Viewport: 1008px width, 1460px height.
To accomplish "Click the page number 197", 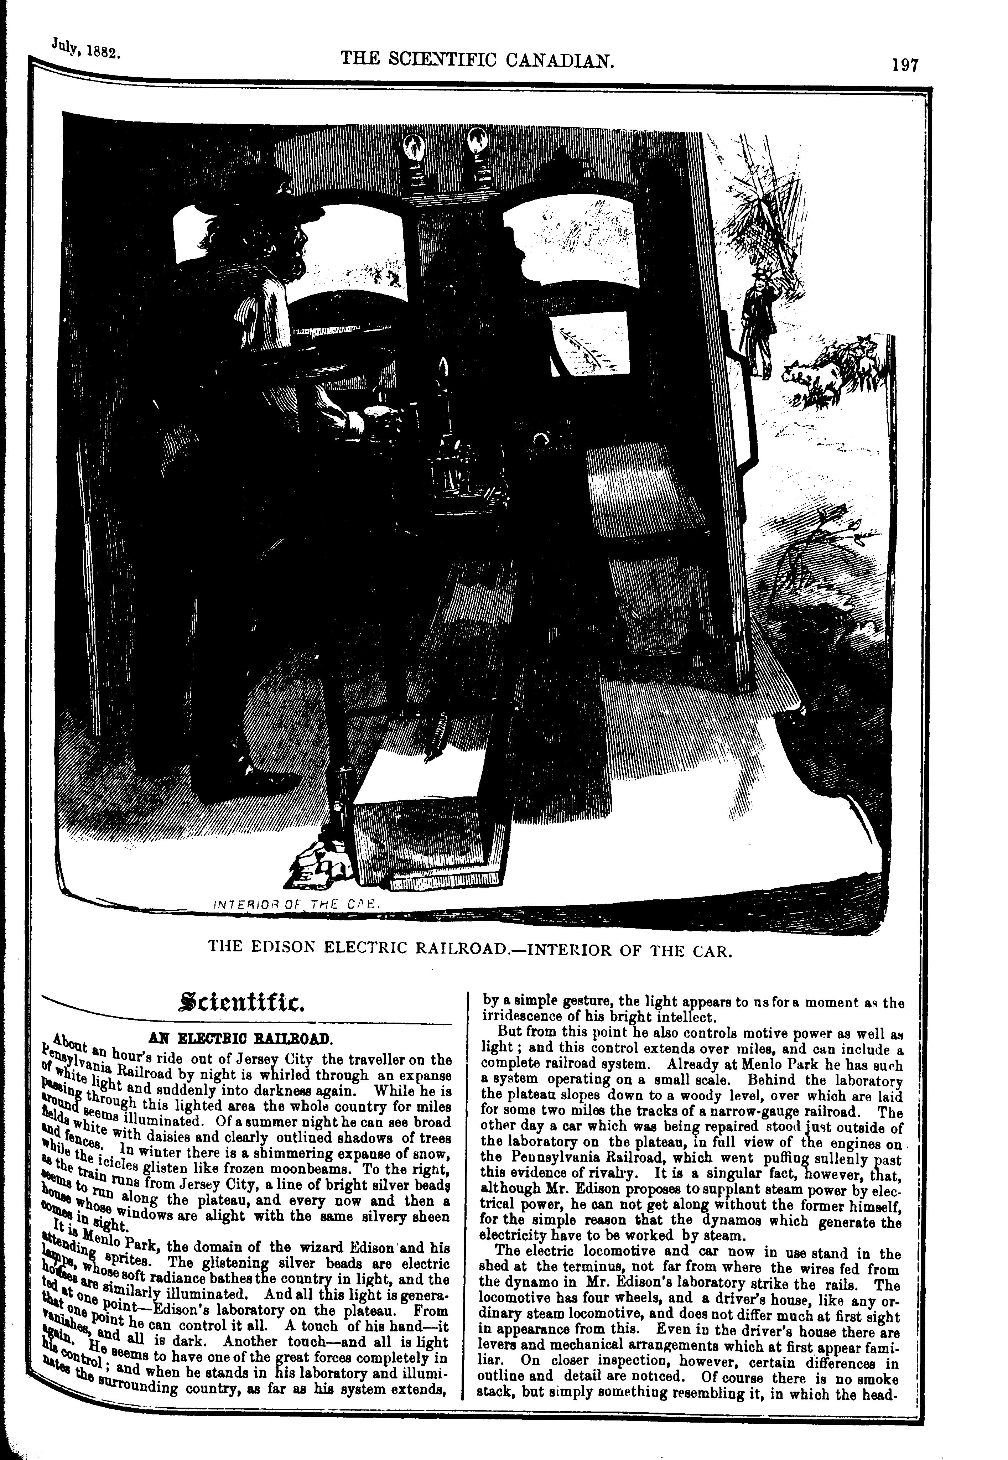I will click(904, 66).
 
